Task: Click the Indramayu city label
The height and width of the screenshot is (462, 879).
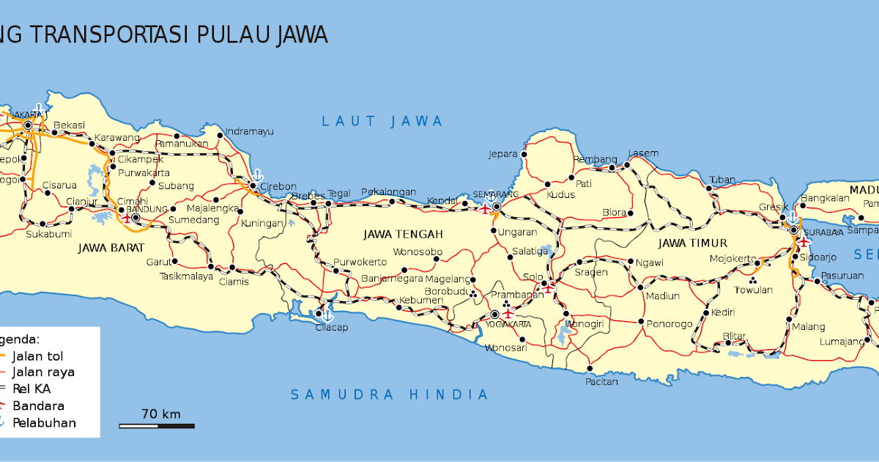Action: pyautogui.click(x=249, y=131)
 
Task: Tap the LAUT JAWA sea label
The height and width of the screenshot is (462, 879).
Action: pyautogui.click(x=382, y=121)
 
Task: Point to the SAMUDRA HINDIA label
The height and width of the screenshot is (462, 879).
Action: pyautogui.click(x=389, y=395)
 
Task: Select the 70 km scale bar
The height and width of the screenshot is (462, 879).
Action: pyautogui.click(x=157, y=425)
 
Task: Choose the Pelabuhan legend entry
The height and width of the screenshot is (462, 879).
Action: pyautogui.click(x=42, y=422)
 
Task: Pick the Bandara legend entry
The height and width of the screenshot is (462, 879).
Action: pyautogui.click(x=38, y=406)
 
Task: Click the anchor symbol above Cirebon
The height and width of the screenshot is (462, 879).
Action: pyautogui.click(x=257, y=175)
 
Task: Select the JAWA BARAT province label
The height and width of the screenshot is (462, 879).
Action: pyautogui.click(x=111, y=247)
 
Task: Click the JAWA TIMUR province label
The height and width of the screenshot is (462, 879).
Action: pyautogui.click(x=692, y=243)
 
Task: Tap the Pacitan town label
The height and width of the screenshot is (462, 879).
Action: pyautogui.click(x=601, y=381)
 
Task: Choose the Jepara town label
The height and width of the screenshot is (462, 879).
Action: pyautogui.click(x=503, y=155)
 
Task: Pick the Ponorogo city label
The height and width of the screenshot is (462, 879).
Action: pyautogui.click(x=668, y=323)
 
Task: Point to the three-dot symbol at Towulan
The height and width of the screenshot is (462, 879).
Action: pyautogui.click(x=752, y=279)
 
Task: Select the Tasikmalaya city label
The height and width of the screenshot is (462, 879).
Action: pyautogui.click(x=186, y=276)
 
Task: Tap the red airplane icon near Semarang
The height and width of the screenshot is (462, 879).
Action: pyautogui.click(x=485, y=208)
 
